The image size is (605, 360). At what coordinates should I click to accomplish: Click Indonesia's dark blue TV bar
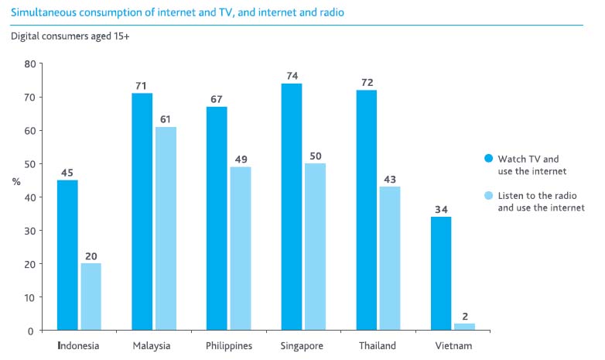[67, 255]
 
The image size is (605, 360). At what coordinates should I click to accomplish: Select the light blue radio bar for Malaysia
[165, 228]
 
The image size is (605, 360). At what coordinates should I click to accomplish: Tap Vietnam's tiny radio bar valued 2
[464, 327]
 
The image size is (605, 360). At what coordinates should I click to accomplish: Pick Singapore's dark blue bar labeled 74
[292, 207]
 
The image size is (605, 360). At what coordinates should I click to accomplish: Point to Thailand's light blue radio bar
[389, 259]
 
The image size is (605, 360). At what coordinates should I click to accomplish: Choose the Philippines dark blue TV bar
[217, 218]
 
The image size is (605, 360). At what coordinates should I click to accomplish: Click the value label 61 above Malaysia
[165, 118]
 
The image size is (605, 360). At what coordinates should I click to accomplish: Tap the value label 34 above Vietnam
[440, 208]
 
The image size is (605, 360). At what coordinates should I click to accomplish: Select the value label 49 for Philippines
[240, 159]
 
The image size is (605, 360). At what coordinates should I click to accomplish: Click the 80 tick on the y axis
[30, 63]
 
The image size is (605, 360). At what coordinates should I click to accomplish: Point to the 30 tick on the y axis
[30, 231]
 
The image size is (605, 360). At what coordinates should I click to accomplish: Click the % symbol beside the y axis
[16, 181]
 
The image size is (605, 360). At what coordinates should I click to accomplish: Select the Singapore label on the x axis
[302, 346]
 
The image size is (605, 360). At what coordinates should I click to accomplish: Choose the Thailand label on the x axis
[378, 346]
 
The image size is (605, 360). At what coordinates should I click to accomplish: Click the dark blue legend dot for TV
[488, 158]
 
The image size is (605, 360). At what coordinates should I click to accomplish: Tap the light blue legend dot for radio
[488, 195]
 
